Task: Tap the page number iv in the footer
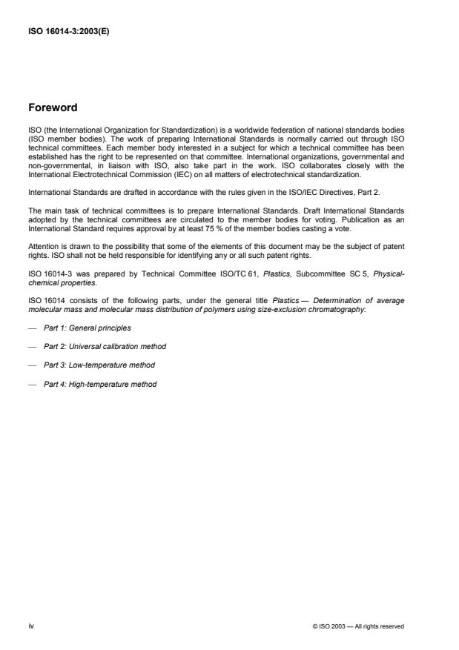pos(31,626)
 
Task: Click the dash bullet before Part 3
pos(32,365)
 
